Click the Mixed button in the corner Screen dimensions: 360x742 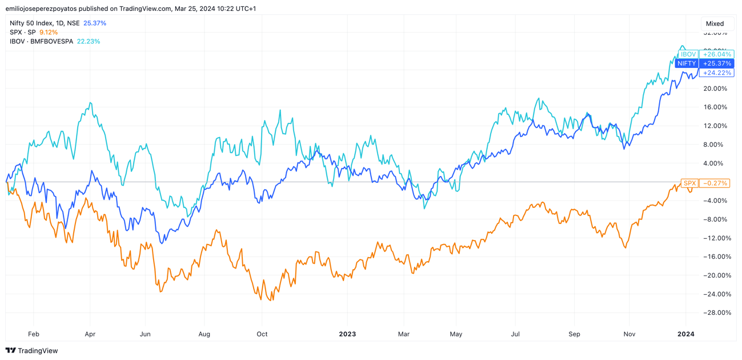(x=715, y=23)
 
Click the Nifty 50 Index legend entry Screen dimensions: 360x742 (x=45, y=23)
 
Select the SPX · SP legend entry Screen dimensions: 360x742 (x=23, y=33)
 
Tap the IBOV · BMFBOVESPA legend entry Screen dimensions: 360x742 (x=41, y=42)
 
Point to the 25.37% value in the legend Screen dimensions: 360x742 (x=95, y=23)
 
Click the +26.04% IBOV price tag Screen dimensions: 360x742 (x=717, y=54)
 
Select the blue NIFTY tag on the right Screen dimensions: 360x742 (x=687, y=63)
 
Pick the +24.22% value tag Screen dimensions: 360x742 (x=717, y=73)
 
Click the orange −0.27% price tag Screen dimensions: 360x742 (x=714, y=183)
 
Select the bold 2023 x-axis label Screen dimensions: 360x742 (x=347, y=334)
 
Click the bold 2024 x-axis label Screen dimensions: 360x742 (x=686, y=334)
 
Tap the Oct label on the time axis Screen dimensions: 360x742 (x=262, y=334)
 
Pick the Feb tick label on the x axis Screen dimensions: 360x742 (x=34, y=334)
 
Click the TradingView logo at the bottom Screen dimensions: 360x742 (x=32, y=351)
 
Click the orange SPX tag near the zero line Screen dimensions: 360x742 (x=689, y=183)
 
